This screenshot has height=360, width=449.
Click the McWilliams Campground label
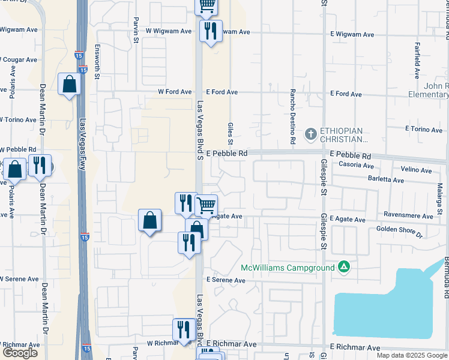(288, 267)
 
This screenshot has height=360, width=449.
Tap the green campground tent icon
(343, 266)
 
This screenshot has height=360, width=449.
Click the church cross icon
(311, 134)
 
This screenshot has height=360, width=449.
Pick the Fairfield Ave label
(416, 60)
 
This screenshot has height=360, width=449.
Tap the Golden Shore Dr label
(399, 232)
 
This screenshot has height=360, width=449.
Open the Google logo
(20, 353)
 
